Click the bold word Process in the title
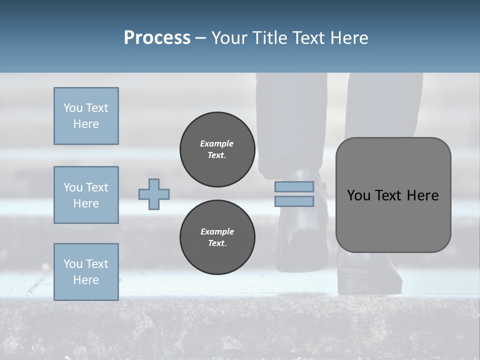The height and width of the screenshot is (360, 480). click(x=157, y=38)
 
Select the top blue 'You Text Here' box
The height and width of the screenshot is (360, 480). click(x=86, y=116)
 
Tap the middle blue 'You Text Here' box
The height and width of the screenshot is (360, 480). click(x=86, y=195)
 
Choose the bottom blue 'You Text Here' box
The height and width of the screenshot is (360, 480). click(x=86, y=272)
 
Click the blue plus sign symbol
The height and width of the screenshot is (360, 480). click(x=154, y=194)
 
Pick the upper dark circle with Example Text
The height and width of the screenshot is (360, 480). click(x=217, y=149)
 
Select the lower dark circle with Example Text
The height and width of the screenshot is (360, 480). click(x=217, y=237)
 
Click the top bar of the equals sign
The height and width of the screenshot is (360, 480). click(x=294, y=187)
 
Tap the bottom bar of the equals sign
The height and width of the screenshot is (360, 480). click(x=294, y=201)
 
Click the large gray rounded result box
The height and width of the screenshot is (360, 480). click(x=393, y=220)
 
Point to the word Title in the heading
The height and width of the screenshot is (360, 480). click(x=270, y=38)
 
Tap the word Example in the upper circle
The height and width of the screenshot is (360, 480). click(x=217, y=143)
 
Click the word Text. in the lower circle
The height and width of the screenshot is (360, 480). click(x=217, y=243)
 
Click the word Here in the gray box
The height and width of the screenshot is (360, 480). click(x=422, y=195)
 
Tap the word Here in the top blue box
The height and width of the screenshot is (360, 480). click(x=86, y=124)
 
